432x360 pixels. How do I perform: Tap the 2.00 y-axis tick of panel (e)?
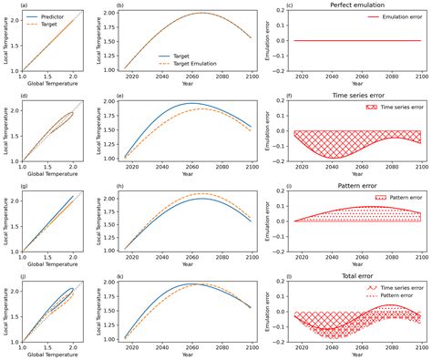(113, 101)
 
